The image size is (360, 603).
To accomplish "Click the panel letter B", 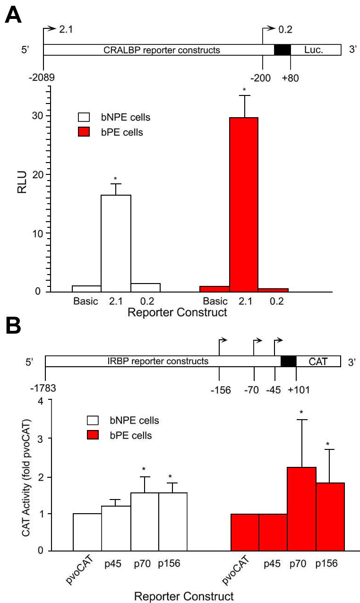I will (13, 326).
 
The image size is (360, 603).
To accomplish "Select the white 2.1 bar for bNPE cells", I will (116, 243).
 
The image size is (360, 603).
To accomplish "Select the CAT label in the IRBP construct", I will (318, 362).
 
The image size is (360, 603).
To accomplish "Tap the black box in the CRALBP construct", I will (282, 50).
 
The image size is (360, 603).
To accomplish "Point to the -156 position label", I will (220, 390).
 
